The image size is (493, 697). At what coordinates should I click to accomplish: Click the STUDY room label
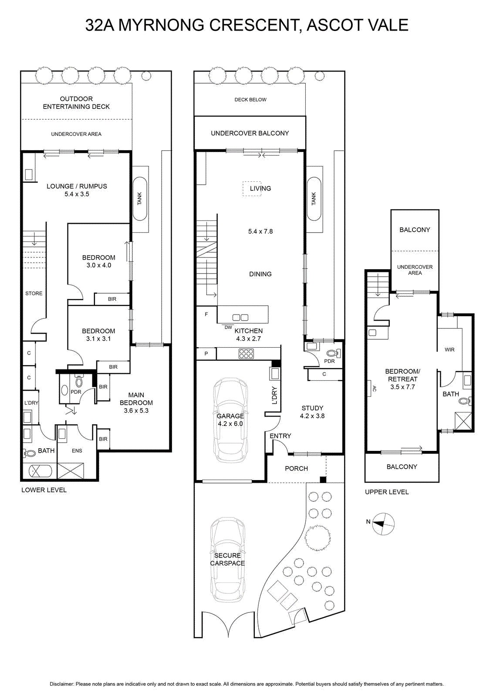point(312,408)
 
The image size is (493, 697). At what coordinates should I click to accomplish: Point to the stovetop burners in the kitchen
point(246,354)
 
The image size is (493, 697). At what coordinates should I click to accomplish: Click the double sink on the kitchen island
point(240,318)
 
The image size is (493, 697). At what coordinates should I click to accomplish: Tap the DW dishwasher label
point(228,327)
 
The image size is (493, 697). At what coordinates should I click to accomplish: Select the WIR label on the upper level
point(449,350)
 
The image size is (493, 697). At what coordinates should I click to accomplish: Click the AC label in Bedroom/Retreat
point(375,388)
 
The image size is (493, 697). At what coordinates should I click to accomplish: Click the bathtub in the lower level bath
point(41,471)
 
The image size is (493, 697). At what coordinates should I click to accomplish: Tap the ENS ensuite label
point(77,450)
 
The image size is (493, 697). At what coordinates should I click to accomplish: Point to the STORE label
point(34,294)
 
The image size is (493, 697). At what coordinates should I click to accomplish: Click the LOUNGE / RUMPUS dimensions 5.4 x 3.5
point(77,194)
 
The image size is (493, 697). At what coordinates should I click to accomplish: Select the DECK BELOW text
point(250,100)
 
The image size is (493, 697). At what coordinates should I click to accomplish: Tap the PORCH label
point(297,469)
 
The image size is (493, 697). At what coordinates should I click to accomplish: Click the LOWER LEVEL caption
point(44,490)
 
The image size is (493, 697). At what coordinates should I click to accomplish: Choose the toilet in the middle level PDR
point(334,353)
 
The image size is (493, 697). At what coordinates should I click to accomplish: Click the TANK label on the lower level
point(140,199)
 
